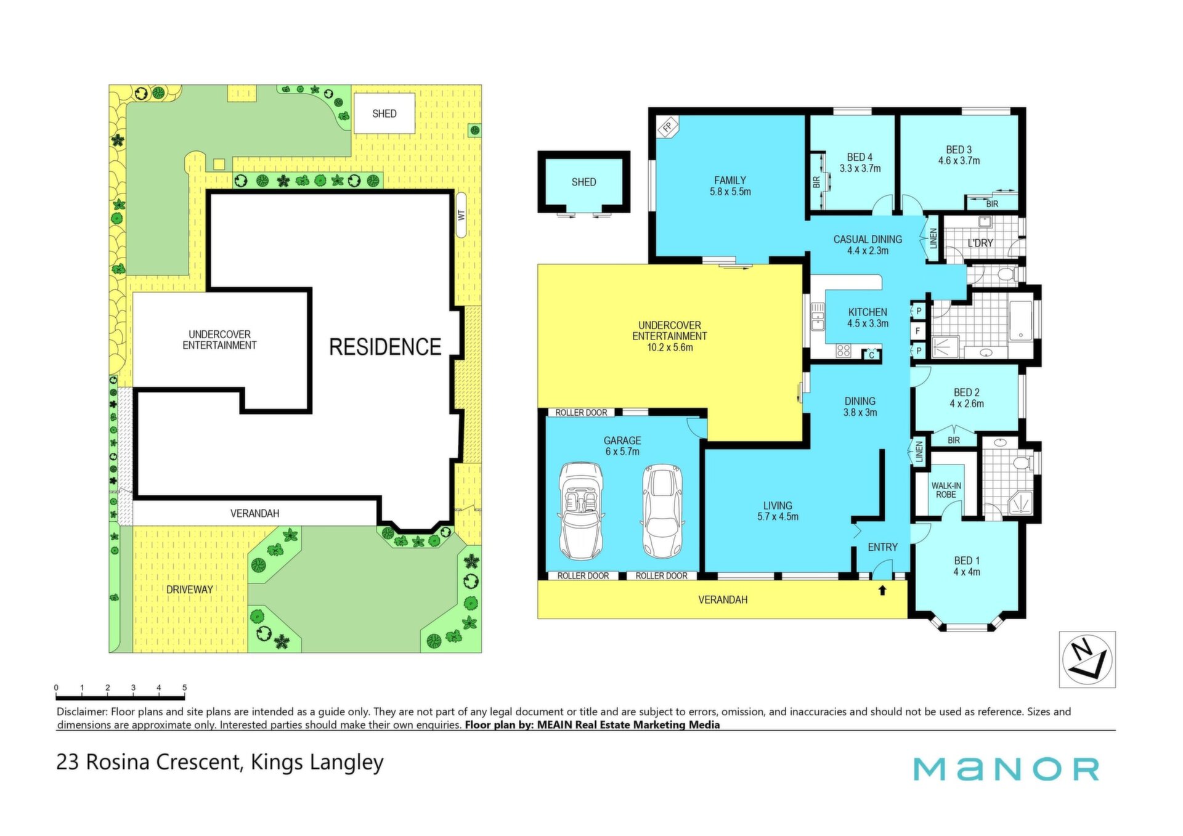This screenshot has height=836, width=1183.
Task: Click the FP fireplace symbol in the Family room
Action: coord(667,127)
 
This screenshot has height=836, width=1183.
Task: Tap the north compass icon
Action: coord(1087,659)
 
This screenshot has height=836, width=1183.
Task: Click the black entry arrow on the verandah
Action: coord(882,590)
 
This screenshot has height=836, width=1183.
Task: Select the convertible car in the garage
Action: coord(581,511)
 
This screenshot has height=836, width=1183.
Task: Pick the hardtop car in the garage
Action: coord(662,511)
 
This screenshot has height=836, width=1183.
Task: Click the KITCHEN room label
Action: coord(868,312)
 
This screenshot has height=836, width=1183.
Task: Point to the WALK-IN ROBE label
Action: coord(946,490)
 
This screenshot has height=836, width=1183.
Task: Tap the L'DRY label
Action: coord(980,243)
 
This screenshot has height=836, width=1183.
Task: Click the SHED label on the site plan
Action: coord(384,114)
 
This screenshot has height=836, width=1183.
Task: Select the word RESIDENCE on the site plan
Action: coord(385,347)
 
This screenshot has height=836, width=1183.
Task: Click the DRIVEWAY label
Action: coord(189,590)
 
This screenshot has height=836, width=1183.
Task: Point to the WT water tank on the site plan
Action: coord(461,216)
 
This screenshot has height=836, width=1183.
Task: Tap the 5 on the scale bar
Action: coord(184,688)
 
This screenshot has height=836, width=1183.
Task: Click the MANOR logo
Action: coord(1006,769)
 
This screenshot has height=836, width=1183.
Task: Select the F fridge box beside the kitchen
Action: coord(918,331)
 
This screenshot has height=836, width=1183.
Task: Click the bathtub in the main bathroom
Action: coord(1021,320)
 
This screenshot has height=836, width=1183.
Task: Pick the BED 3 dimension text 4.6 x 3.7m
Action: coord(959,161)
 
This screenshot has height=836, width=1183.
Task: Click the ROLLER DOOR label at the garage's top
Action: coord(581,413)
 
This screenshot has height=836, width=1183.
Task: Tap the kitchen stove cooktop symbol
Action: coord(843,351)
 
